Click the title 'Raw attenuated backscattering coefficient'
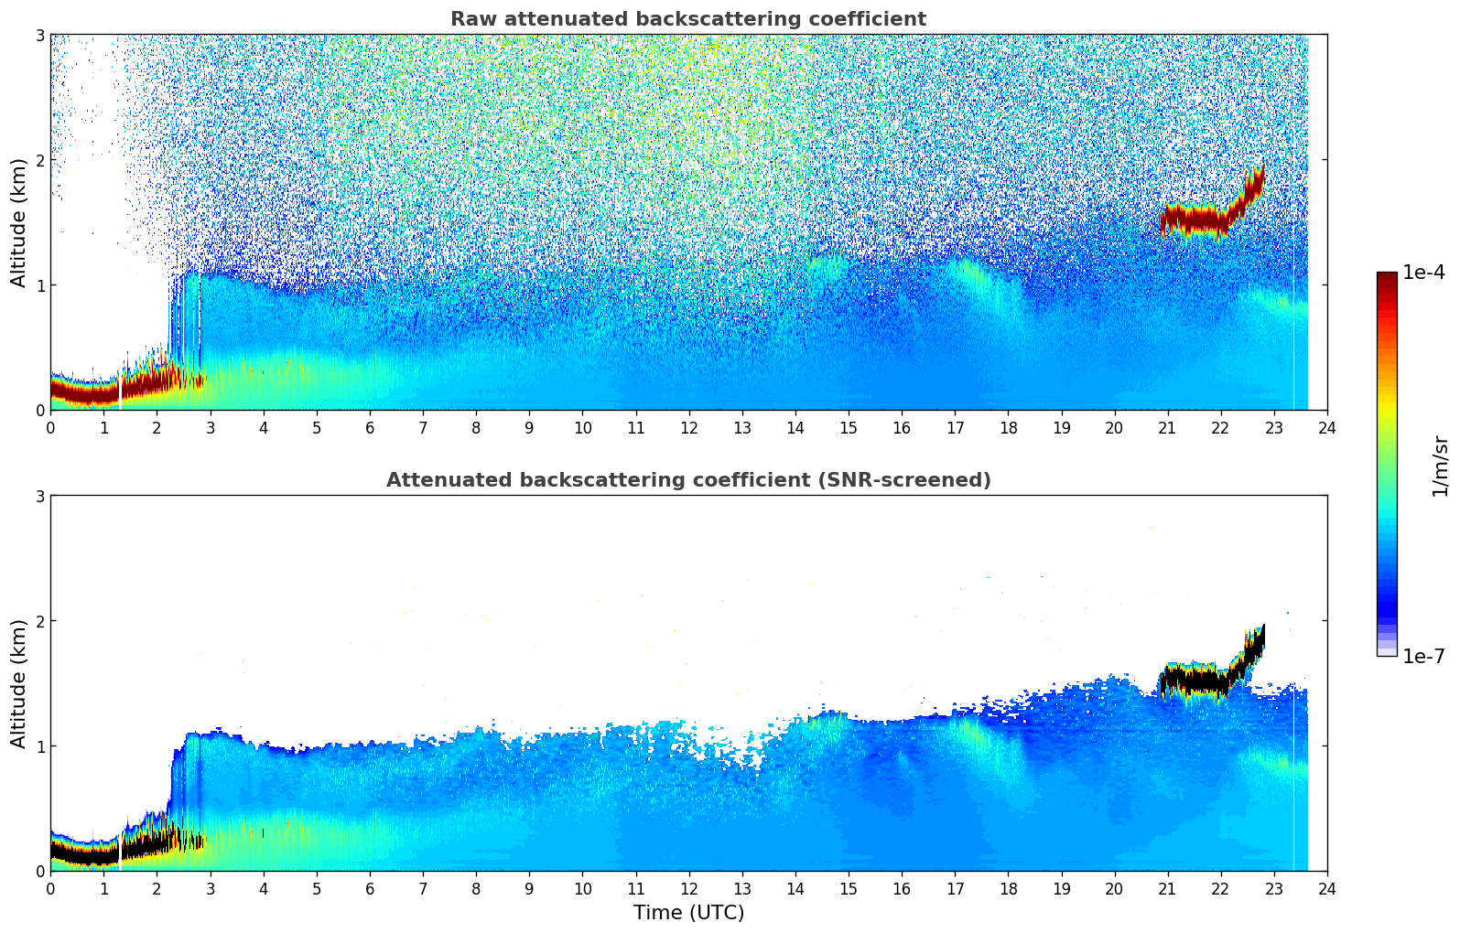point(687,19)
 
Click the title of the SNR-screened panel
point(687,480)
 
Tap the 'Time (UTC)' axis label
point(688,913)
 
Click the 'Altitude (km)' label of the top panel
point(19,222)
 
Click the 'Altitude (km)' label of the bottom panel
point(19,683)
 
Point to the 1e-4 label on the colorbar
point(1423,273)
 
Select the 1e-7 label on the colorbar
point(1423,656)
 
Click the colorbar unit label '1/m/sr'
point(1440,465)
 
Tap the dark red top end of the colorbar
point(1386,277)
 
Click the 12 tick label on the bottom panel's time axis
point(688,889)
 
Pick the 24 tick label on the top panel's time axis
point(1326,428)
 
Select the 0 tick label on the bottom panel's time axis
point(50,889)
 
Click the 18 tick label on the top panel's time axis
point(1008,428)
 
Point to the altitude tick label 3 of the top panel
point(39,35)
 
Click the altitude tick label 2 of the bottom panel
point(39,621)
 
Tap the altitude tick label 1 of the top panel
point(39,285)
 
